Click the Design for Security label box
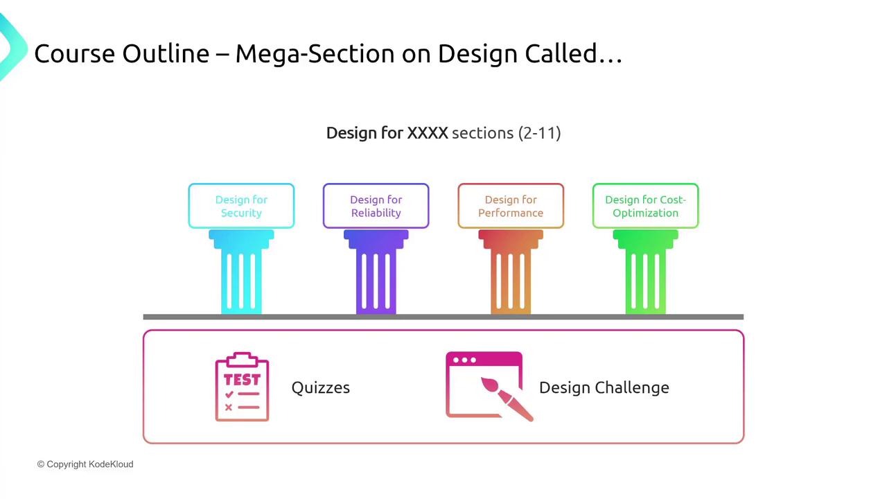click(241, 206)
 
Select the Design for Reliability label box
click(376, 206)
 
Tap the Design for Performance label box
click(511, 206)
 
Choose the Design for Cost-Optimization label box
click(645, 206)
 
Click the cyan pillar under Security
click(241, 272)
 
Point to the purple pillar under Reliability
click(376, 272)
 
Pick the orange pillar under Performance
click(511, 272)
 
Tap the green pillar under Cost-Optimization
click(645, 272)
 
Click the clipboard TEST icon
click(242, 387)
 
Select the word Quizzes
click(321, 387)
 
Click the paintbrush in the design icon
click(507, 399)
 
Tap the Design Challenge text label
click(604, 387)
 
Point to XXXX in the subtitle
click(428, 133)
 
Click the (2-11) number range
click(540, 133)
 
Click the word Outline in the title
click(166, 53)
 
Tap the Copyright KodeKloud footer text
click(85, 464)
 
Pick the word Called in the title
click(561, 53)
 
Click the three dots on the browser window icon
click(464, 360)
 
